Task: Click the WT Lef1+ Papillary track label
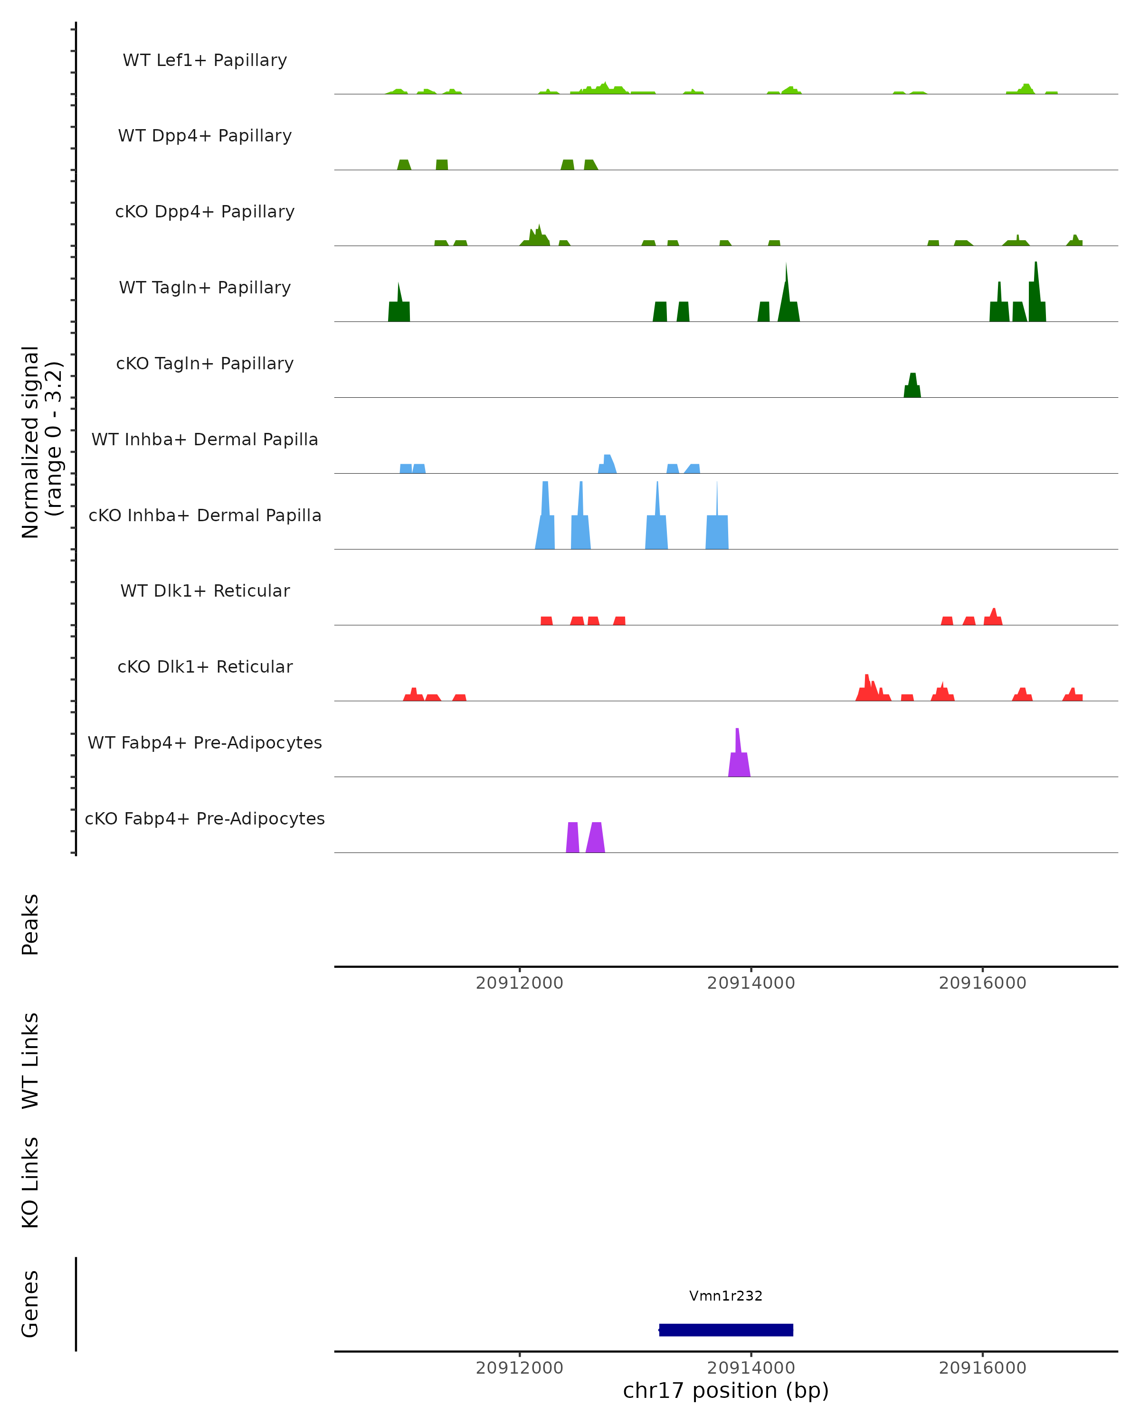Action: [205, 60]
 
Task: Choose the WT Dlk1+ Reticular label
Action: [205, 590]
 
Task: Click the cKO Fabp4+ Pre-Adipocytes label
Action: [205, 818]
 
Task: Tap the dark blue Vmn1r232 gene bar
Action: [726, 1330]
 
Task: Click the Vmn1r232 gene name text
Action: [726, 1296]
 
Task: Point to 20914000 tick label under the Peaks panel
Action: [751, 983]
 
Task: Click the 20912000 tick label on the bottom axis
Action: [520, 1368]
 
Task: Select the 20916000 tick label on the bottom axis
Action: [982, 1368]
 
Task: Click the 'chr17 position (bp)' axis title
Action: [726, 1391]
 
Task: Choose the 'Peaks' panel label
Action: [30, 925]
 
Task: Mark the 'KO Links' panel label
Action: [30, 1183]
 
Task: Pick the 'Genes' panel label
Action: [30, 1304]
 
